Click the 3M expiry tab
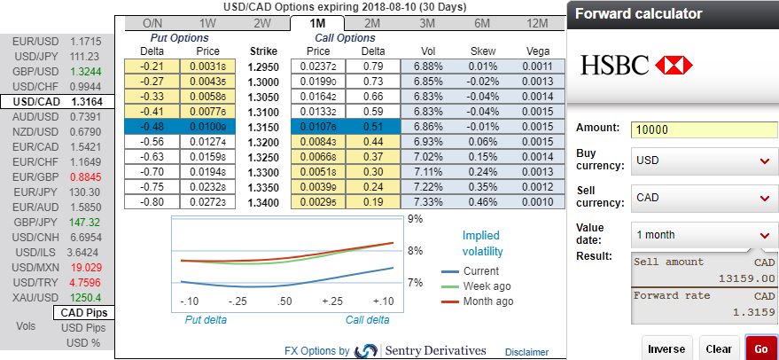[x=427, y=22]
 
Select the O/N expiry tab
[x=152, y=22]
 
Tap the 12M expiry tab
[x=537, y=22]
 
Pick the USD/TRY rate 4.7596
[x=85, y=283]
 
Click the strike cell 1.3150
[x=264, y=127]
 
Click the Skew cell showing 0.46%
[x=482, y=202]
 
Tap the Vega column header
[x=537, y=51]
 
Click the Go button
[x=761, y=348]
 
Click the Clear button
[x=719, y=348]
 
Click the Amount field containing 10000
[x=704, y=129]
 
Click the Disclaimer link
[x=526, y=352]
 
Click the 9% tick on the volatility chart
[x=415, y=218]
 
